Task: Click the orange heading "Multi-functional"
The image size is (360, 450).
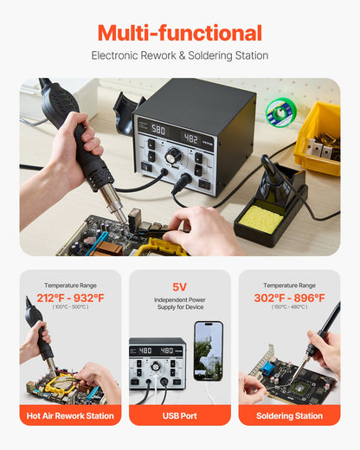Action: (x=180, y=34)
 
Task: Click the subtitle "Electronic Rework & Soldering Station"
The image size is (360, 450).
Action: (x=180, y=55)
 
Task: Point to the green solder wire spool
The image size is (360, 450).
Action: (x=279, y=112)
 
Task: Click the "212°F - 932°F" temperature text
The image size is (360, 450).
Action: (x=71, y=298)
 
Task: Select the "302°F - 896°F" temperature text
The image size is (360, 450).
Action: (x=289, y=298)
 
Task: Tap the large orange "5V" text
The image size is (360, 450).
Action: (x=180, y=286)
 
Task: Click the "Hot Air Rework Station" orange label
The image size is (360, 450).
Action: (x=71, y=415)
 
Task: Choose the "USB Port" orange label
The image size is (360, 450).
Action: (x=180, y=415)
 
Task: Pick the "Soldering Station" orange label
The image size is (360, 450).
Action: (x=289, y=415)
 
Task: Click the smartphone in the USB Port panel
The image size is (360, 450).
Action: (x=209, y=351)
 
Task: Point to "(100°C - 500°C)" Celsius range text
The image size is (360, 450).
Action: (x=71, y=307)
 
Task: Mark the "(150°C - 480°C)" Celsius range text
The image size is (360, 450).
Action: (x=289, y=307)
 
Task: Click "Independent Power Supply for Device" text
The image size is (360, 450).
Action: (x=180, y=305)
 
